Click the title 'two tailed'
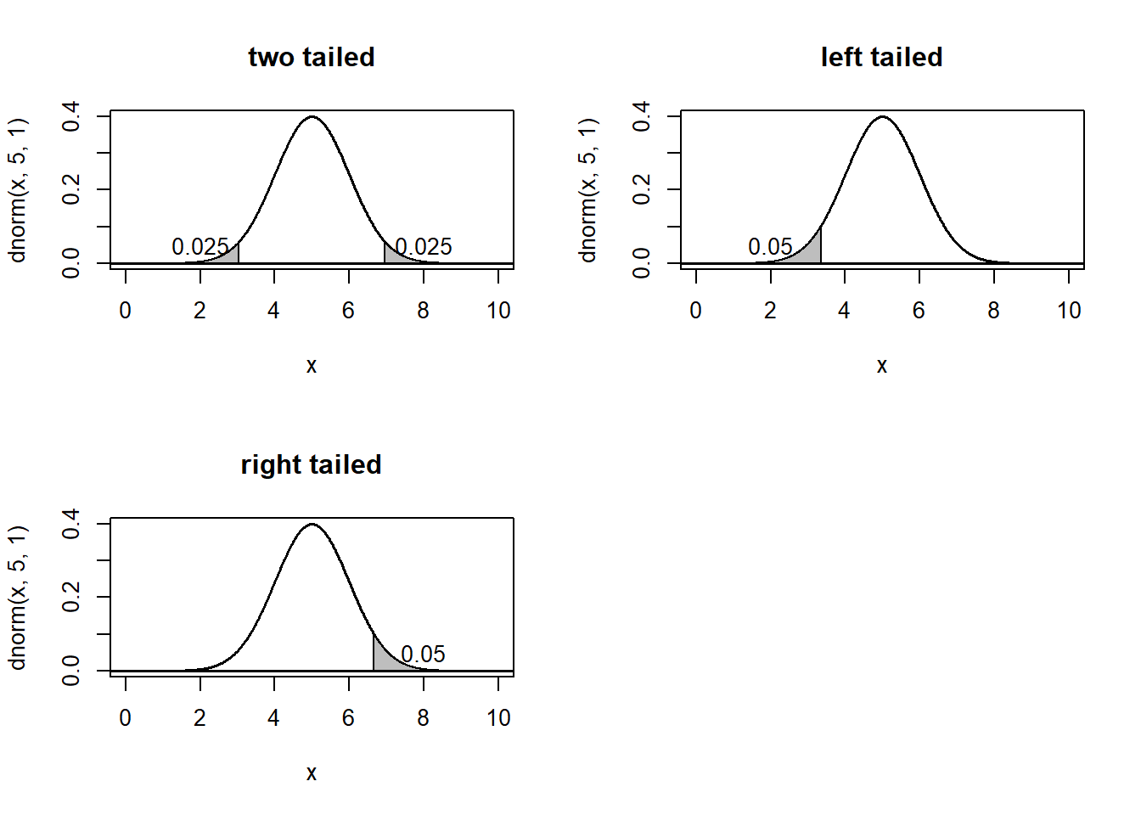tap(312, 57)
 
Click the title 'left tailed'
tap(881, 57)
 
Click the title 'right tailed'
tap(312, 464)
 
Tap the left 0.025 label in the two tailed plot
tap(200, 247)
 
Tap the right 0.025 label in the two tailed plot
tap(424, 247)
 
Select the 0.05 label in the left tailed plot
tap(770, 247)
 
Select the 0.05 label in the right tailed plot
tap(423, 655)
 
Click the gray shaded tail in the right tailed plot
tap(383, 660)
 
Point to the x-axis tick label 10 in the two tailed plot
tap(498, 311)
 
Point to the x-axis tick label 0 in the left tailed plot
tap(695, 311)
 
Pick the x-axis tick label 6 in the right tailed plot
tap(348, 718)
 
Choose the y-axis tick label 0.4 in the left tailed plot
tap(642, 115)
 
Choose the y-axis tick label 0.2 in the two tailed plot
tap(71, 189)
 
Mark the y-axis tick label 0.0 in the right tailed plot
tap(71, 671)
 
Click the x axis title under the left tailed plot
tap(881, 366)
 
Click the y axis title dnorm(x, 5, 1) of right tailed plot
tap(18, 597)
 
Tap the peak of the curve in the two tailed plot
tap(312, 117)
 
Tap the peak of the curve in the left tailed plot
tap(882, 117)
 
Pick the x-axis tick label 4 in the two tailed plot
tap(273, 311)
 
